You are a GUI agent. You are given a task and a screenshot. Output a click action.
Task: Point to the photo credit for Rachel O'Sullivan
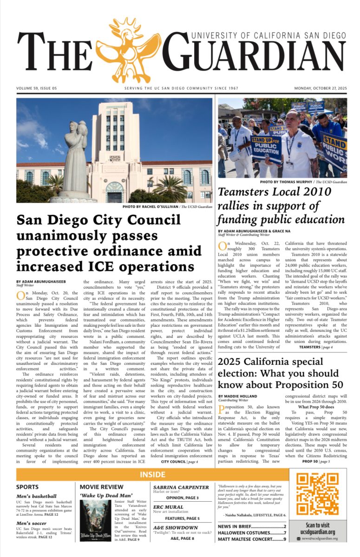(x=167, y=206)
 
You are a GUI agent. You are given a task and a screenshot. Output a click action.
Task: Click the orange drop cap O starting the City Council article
(x=20, y=296)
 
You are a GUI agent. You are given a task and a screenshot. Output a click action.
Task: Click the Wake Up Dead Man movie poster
(x=95, y=520)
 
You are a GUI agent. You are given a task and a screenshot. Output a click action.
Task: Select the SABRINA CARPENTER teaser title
(x=181, y=487)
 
